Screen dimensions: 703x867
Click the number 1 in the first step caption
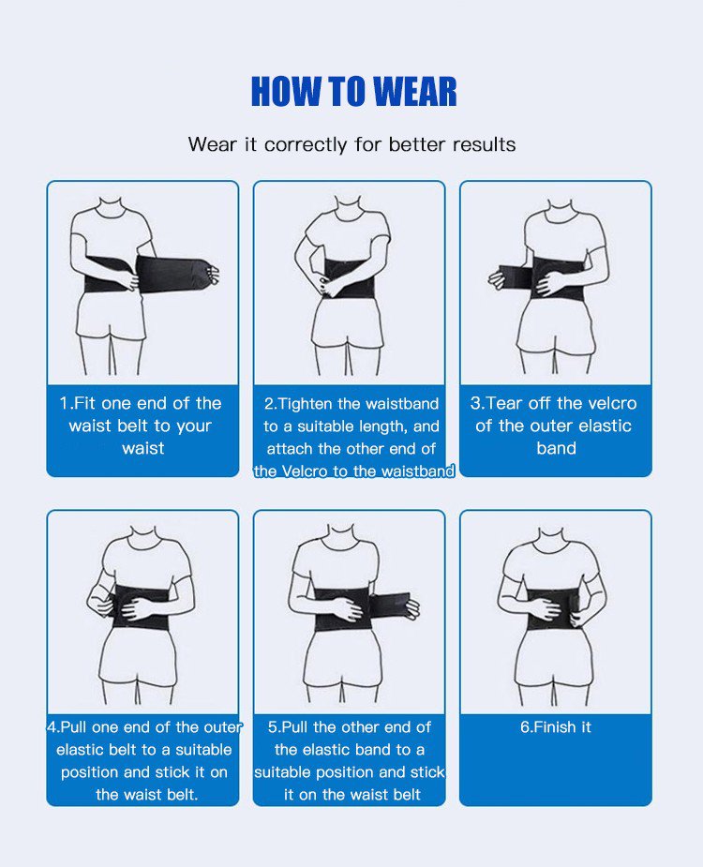pos(63,403)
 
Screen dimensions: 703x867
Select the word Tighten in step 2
pos(306,404)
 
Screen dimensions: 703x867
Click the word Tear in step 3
pos(504,403)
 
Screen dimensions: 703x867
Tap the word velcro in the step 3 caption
pos(612,403)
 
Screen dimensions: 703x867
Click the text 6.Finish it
pos(555,726)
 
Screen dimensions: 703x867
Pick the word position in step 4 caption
pos(90,772)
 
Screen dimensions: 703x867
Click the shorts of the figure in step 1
pos(112,319)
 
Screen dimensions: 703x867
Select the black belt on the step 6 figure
pos(554,611)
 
